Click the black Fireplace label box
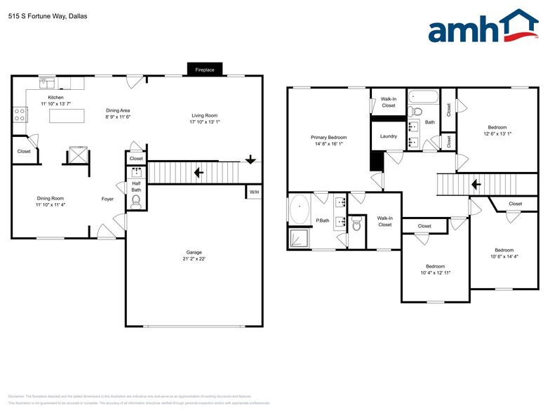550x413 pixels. pos(205,70)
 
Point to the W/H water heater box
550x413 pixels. pos(253,191)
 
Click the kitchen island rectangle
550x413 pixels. pos(67,116)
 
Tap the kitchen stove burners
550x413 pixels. pos(19,114)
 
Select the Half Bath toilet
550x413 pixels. pos(136,202)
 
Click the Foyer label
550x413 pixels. pos(107,199)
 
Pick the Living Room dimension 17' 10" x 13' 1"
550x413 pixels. pos(205,122)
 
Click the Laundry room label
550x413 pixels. pos(388,136)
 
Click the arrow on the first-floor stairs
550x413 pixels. pos(199,172)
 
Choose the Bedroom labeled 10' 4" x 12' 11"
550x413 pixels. pos(435,270)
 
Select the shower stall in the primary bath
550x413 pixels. pos(300,237)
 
